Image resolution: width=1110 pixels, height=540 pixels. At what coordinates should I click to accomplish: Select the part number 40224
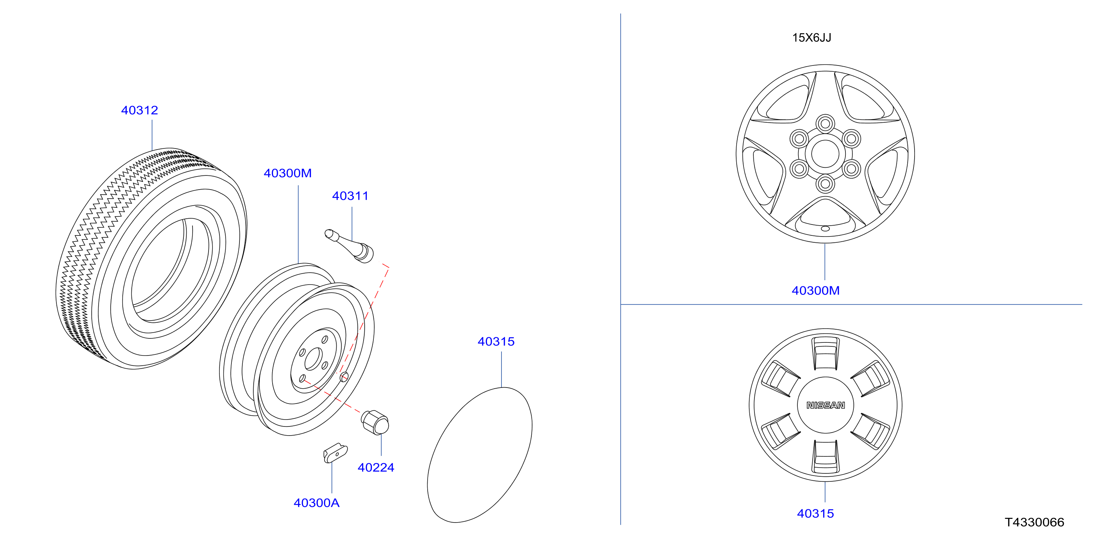pos(376,468)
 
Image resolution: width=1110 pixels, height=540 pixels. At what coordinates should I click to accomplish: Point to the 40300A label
pos(316,503)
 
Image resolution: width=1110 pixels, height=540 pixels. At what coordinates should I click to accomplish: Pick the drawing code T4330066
pos(1034,522)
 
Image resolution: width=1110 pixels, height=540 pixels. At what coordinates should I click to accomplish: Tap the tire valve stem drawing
pos(349,246)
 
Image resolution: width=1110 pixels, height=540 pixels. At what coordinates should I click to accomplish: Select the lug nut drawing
pos(375,422)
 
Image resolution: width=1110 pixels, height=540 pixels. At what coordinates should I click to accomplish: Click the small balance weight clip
pos(335,453)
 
